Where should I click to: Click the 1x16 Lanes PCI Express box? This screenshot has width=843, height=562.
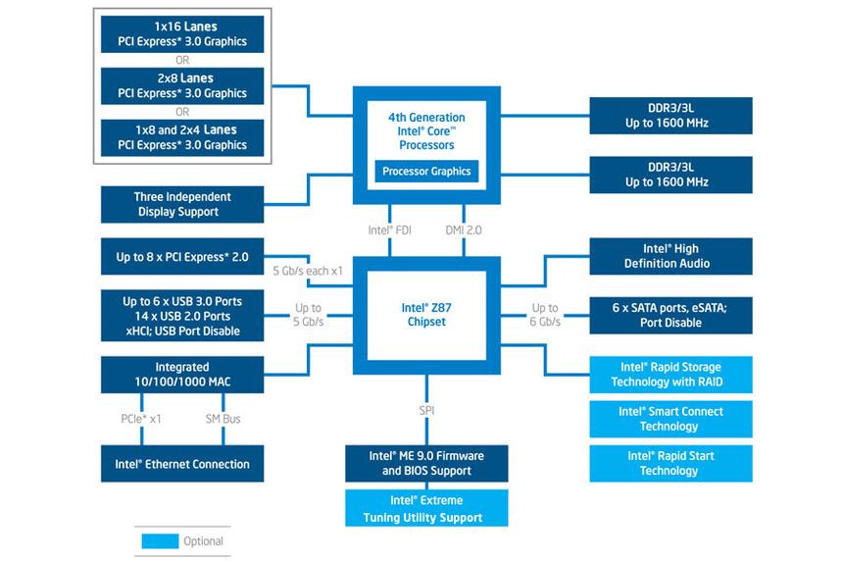(182, 33)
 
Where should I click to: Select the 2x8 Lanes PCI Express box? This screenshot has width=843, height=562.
(182, 85)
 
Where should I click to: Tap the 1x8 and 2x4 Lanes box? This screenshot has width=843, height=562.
(182, 137)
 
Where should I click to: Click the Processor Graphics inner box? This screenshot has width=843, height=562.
(426, 172)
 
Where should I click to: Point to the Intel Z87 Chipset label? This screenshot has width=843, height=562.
(426, 315)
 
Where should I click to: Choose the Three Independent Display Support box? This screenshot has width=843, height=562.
(182, 204)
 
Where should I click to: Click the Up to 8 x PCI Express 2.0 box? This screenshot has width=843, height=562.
(182, 257)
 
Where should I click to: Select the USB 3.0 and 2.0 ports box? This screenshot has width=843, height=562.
(182, 315)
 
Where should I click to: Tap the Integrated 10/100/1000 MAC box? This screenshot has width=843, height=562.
(182, 374)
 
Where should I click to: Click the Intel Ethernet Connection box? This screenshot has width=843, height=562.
(182, 464)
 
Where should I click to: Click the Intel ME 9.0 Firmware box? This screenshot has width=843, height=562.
(426, 464)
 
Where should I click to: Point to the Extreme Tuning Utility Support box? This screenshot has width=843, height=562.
(426, 510)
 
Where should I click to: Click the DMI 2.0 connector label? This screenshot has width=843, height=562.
(464, 230)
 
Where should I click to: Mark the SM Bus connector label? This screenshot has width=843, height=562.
(223, 419)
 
